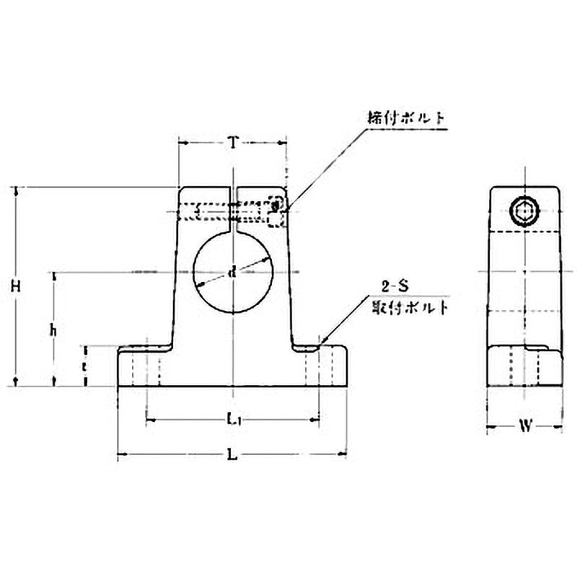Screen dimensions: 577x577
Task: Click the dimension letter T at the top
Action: (x=232, y=142)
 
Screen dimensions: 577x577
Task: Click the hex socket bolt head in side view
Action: (x=524, y=211)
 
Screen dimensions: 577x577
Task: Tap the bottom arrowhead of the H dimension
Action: (x=17, y=382)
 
